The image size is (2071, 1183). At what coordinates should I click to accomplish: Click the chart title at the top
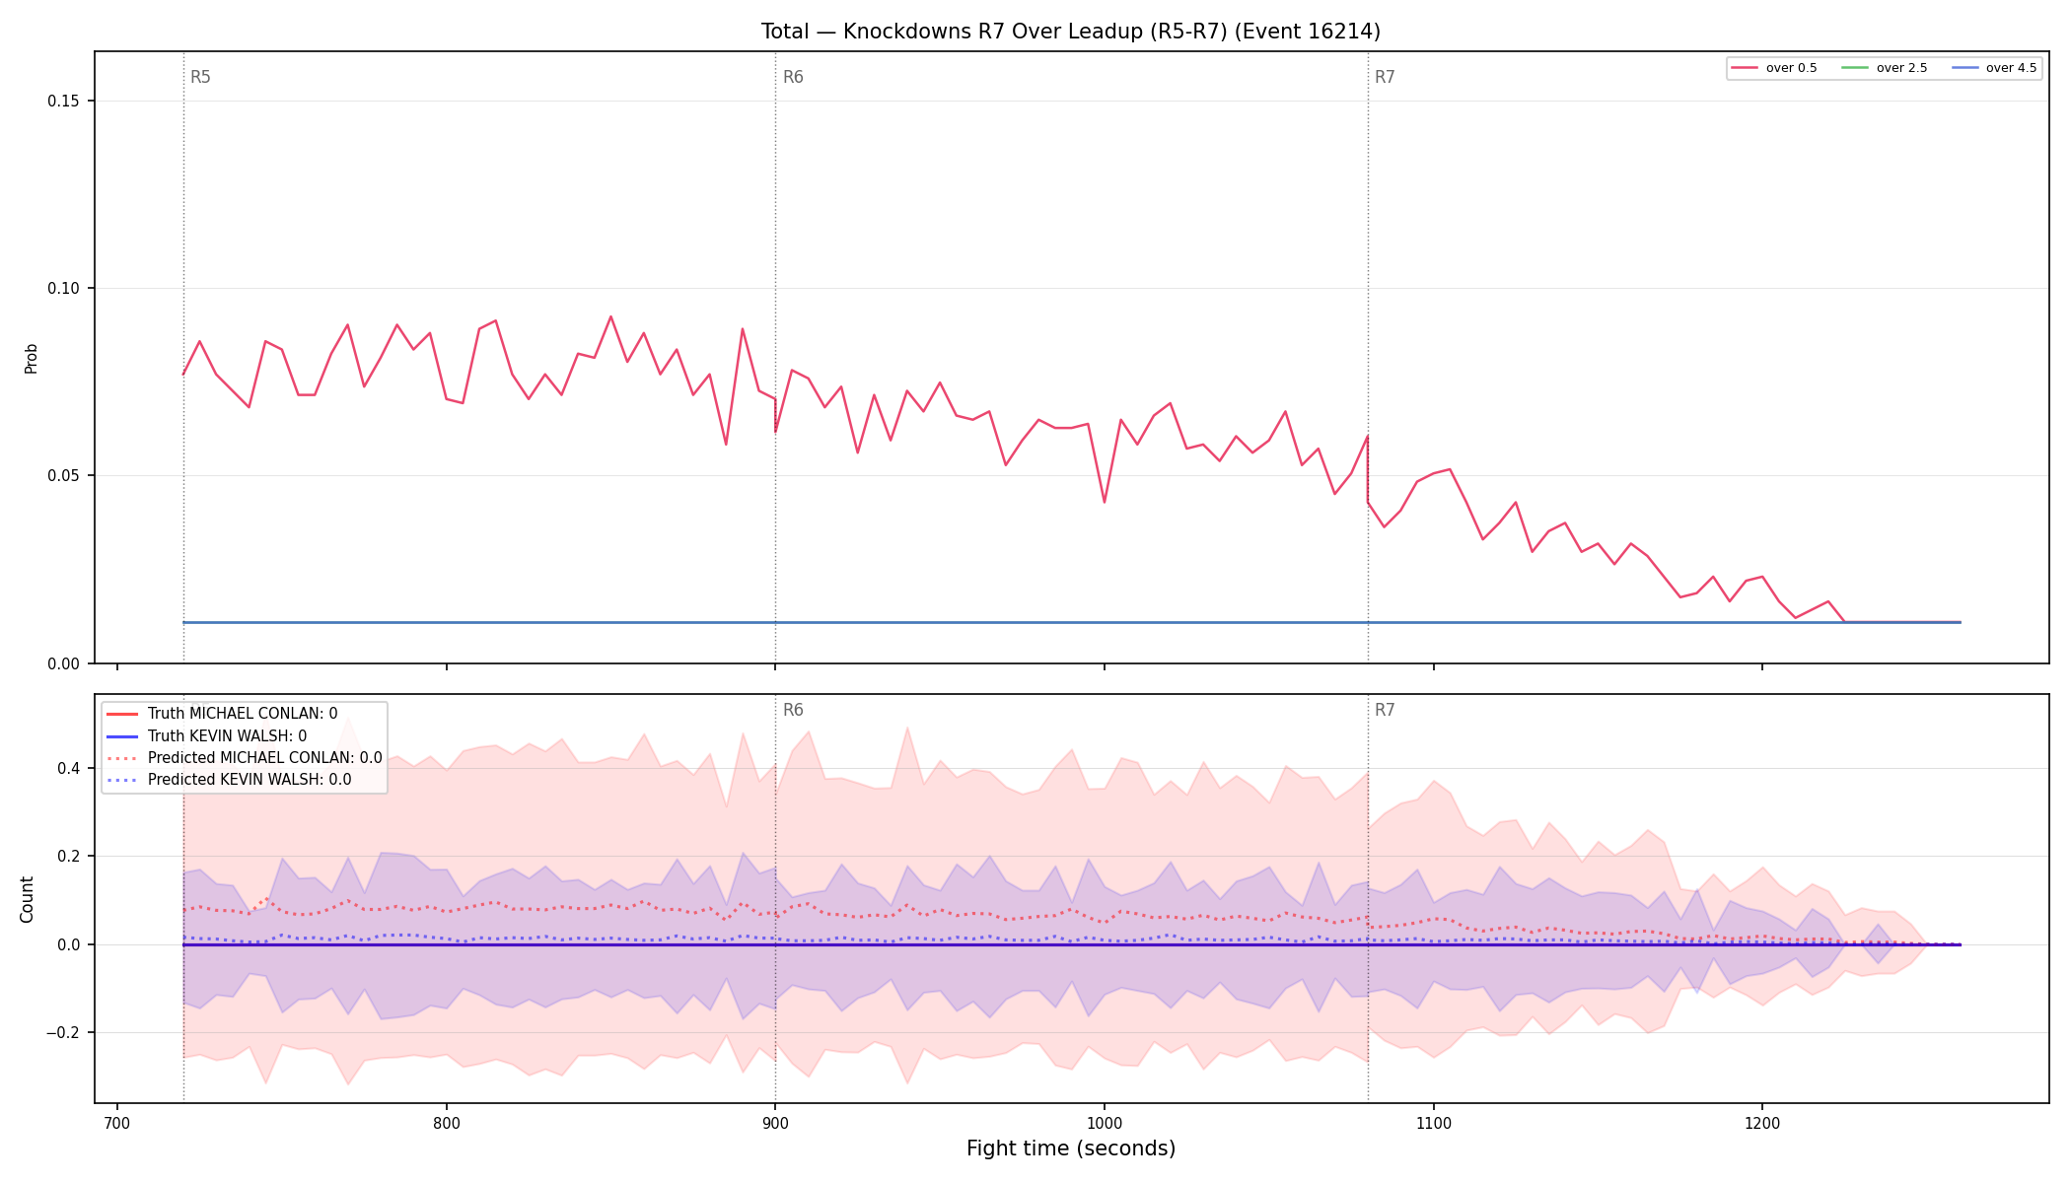coord(1070,32)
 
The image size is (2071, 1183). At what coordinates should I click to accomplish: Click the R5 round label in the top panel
coord(200,77)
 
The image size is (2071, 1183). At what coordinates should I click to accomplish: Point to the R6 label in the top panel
coord(793,77)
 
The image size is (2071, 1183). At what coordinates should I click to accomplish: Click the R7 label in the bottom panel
coord(1385,710)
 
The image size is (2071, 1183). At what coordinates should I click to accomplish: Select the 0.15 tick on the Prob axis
coord(63,102)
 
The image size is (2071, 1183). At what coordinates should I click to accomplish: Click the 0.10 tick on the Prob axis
coord(63,289)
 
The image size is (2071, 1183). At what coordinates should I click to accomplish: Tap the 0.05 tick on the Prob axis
coord(63,476)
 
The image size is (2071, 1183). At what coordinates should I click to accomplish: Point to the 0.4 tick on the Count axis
coord(67,768)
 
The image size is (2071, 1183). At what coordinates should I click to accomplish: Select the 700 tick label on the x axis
coord(117,1123)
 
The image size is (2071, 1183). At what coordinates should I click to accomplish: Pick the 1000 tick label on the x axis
coord(1105,1123)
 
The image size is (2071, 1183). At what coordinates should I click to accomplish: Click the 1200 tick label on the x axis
coord(1762,1123)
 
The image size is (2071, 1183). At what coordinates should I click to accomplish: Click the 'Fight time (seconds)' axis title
coord(1071,1148)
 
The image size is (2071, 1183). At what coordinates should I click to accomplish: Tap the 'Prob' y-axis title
coord(32,358)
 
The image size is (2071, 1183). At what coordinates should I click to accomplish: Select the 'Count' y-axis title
coord(27,899)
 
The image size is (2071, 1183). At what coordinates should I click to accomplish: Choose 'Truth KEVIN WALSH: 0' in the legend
coord(227,736)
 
